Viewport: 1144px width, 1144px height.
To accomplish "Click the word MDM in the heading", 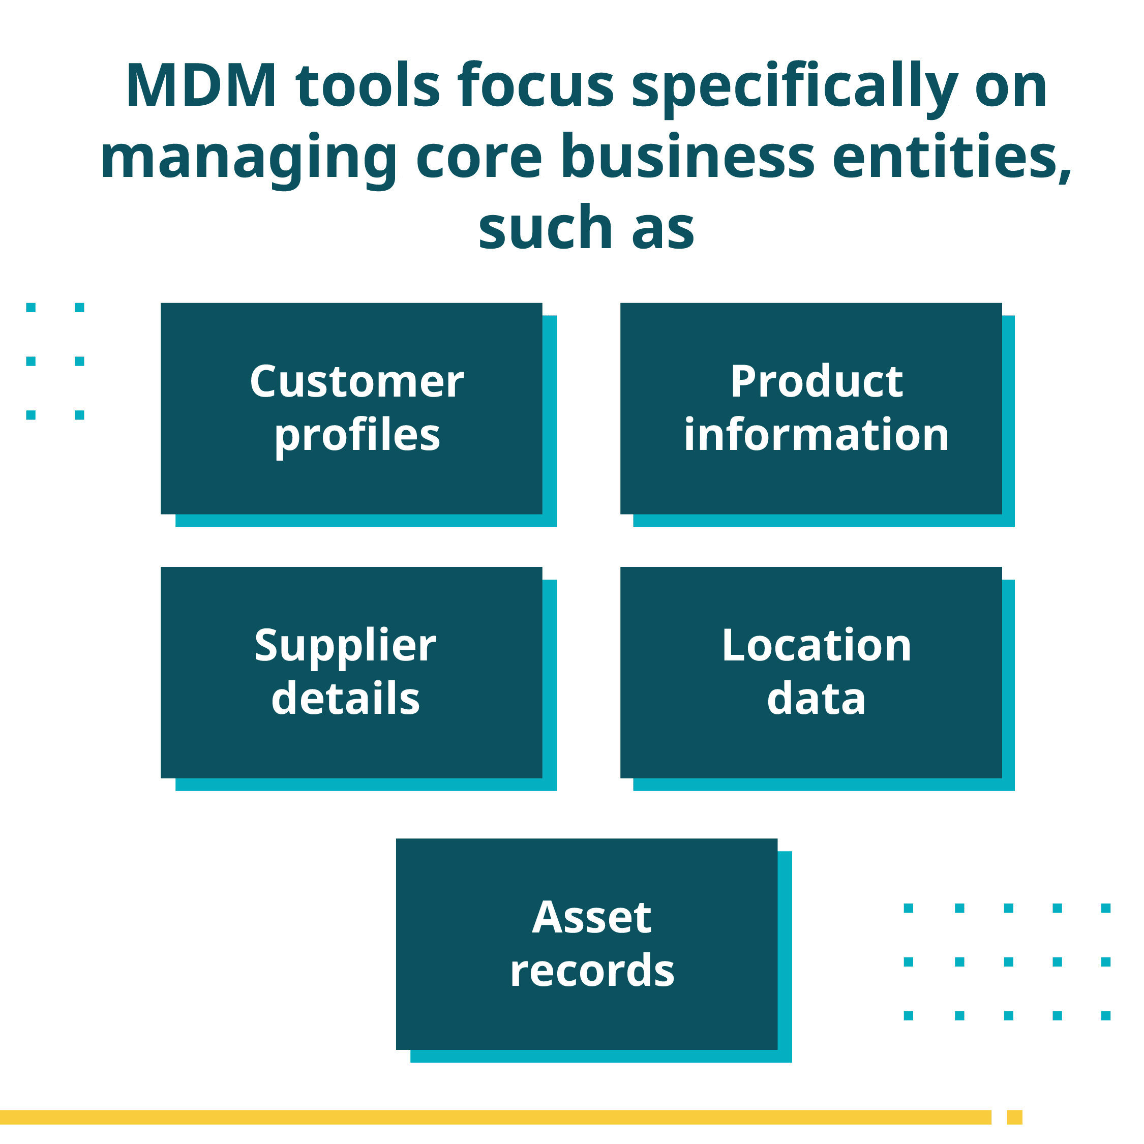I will (201, 86).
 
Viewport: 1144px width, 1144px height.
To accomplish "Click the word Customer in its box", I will (356, 382).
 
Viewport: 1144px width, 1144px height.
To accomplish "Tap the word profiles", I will (357, 436).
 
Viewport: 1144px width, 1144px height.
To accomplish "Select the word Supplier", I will (345, 647).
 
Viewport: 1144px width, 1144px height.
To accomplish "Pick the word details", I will (345, 699).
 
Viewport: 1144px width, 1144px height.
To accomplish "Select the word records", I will (592, 971).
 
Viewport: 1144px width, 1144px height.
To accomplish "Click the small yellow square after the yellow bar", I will (1014, 1117).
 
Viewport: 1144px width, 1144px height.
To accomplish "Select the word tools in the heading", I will (368, 86).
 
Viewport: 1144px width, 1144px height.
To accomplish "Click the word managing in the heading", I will (249, 159).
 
